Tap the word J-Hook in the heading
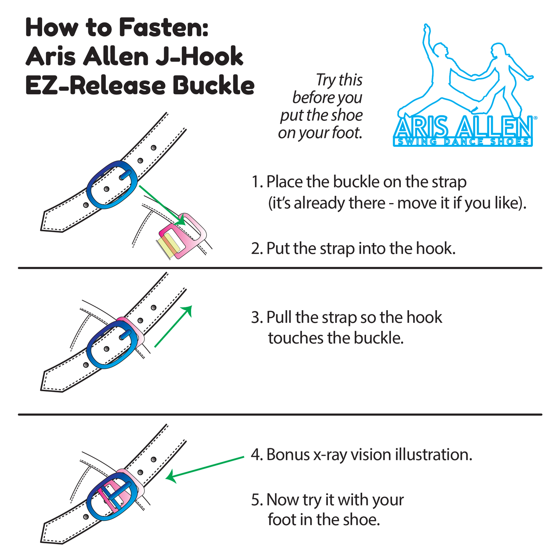click(199, 56)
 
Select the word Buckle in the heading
click(214, 85)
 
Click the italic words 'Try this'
click(339, 80)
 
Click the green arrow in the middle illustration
click(173, 326)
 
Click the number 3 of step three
click(256, 317)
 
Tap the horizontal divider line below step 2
click(280, 268)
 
